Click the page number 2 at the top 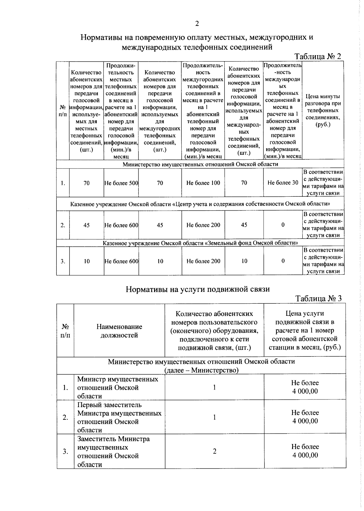tap(197, 24)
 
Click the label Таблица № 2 tap(318, 57)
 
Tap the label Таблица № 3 tap(318, 298)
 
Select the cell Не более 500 tap(121, 183)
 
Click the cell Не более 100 tap(203, 183)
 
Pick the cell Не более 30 tap(283, 183)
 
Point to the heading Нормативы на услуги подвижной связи tap(197, 289)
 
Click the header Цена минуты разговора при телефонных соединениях tap(323, 110)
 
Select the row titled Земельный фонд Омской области tap(200, 243)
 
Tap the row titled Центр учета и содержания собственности tap(200, 204)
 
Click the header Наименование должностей tap(119, 331)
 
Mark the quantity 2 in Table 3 tap(214, 451)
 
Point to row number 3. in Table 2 tap(63, 261)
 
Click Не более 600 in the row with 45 tap(121, 225)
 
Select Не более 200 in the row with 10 tap(203, 261)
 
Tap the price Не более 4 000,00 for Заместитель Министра tap(305, 451)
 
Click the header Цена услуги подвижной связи tap(305, 330)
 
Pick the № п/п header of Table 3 tap(65, 331)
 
